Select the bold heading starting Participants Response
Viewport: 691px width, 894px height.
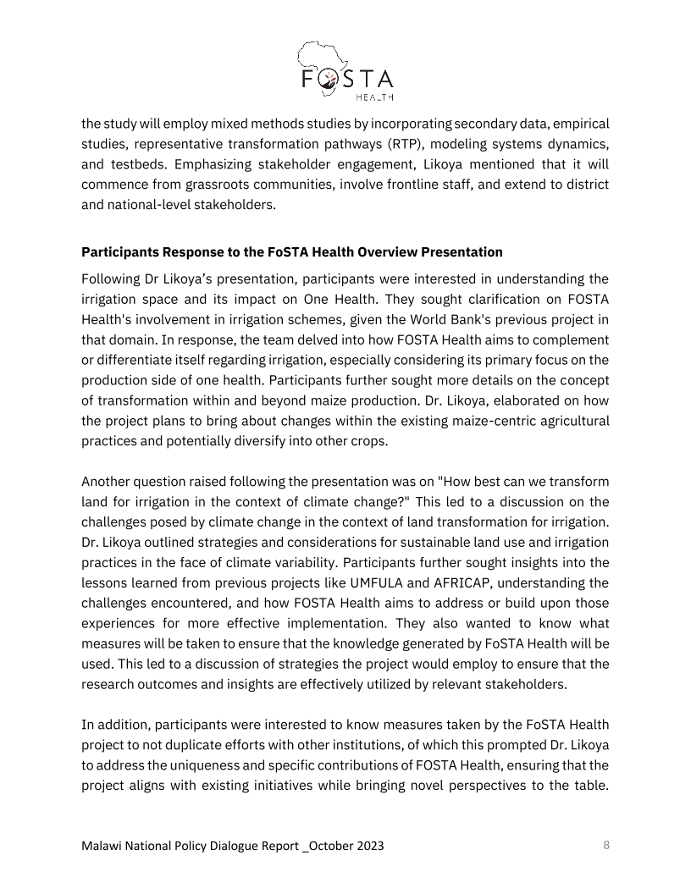[x=291, y=252]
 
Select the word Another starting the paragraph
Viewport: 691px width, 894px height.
[x=108, y=481]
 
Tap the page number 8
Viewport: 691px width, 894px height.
[x=605, y=845]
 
